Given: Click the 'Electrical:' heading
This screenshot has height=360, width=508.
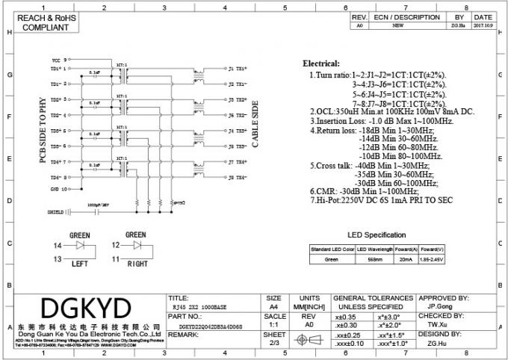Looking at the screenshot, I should tap(320, 64).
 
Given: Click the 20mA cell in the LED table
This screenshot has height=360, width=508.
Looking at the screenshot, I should tap(405, 259).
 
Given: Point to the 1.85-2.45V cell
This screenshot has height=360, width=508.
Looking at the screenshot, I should tap(433, 259).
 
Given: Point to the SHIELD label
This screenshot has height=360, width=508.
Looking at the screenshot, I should tap(56, 211).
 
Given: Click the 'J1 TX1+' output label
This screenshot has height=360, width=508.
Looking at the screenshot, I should tap(237, 68).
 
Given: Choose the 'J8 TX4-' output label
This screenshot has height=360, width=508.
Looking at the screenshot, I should tap(237, 178).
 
